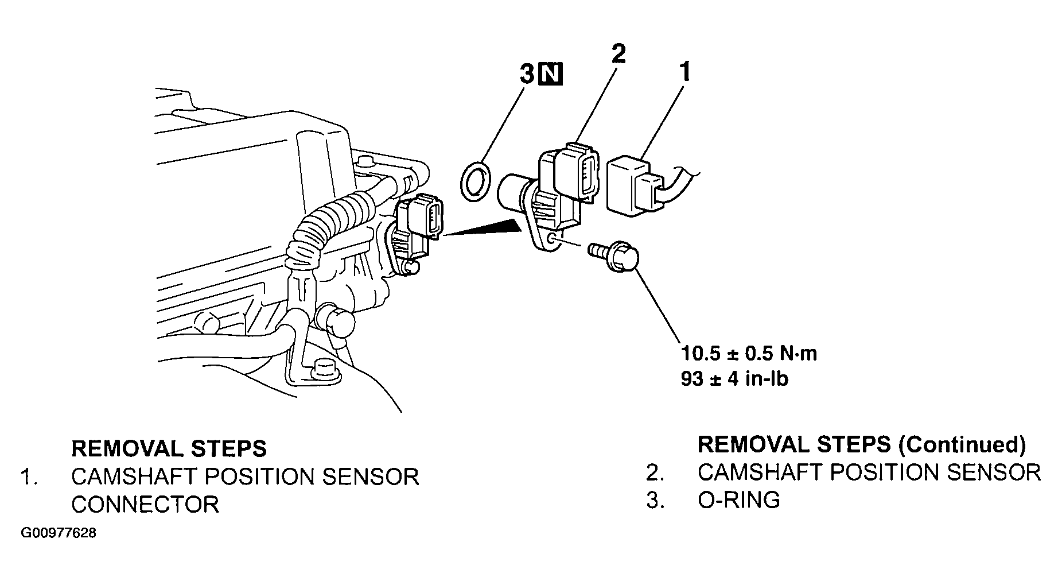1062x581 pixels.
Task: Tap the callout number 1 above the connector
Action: coord(684,73)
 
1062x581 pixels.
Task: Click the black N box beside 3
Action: coord(551,75)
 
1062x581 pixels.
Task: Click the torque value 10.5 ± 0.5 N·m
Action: coord(749,353)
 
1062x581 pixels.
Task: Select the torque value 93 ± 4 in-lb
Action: coord(734,379)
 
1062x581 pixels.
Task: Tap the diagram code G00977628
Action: coord(58,533)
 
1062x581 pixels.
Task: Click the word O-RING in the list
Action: coord(738,500)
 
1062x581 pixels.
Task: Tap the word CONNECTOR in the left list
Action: coord(145,504)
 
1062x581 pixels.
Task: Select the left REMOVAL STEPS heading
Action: coord(169,448)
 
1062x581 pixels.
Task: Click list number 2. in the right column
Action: coord(655,472)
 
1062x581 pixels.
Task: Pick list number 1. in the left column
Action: coord(29,477)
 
